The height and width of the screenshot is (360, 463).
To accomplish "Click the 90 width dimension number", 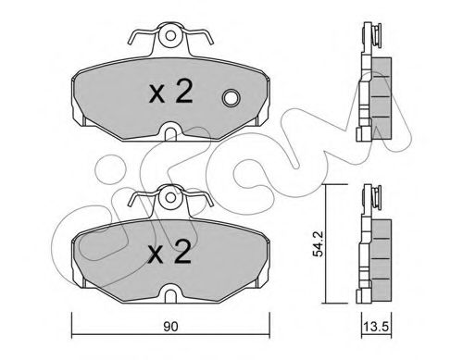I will (167, 325).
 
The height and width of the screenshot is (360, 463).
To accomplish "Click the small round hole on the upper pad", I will (231, 97).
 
